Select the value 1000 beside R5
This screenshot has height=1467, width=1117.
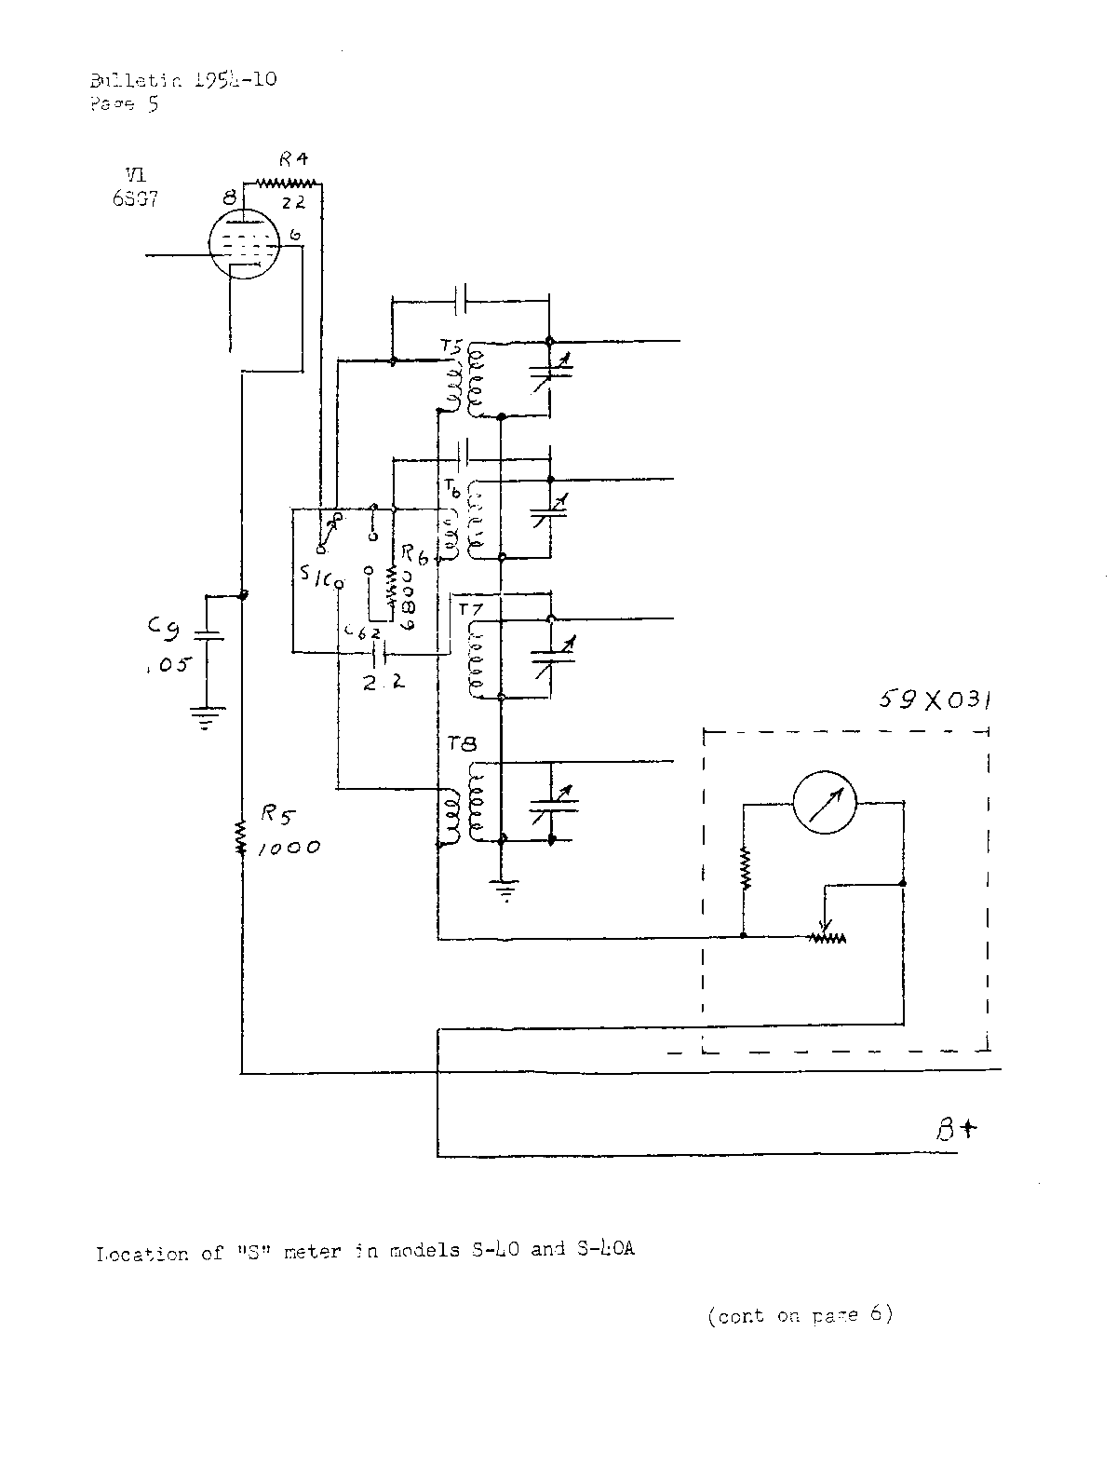coord(289,848)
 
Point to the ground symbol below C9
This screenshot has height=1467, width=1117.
coord(206,718)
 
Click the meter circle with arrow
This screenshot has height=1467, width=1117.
coord(824,804)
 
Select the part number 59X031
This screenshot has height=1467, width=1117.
coord(934,700)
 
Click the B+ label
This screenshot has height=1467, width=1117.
coord(957,1130)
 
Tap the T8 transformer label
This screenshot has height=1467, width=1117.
coord(462,744)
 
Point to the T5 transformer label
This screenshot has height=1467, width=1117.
coord(451,349)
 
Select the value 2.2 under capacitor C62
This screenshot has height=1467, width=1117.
coord(384,681)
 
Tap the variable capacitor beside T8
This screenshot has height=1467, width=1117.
coord(551,801)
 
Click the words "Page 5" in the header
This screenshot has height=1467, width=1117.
coord(124,103)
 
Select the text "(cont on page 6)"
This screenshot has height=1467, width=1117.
coord(800,1315)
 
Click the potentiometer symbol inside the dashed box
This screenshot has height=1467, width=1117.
coord(827,937)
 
